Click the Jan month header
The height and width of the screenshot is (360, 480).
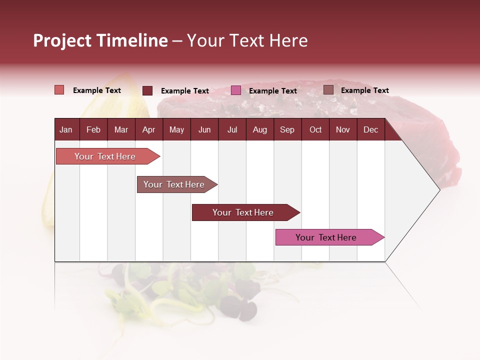click(x=66, y=129)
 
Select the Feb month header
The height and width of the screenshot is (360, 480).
click(x=93, y=129)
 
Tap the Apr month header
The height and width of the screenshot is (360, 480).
click(x=148, y=129)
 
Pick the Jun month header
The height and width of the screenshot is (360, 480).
click(x=204, y=129)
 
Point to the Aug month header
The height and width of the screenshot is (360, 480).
click(x=259, y=129)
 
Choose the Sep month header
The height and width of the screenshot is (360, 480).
click(x=287, y=129)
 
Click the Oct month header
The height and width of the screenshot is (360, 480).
click(x=315, y=129)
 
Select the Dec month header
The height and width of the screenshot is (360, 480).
click(x=370, y=129)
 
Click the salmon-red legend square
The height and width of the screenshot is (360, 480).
click(x=59, y=90)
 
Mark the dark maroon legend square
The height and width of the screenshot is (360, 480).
click(x=147, y=90)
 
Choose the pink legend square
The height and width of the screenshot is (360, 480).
click(x=236, y=90)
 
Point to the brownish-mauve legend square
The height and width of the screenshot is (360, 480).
click(x=328, y=90)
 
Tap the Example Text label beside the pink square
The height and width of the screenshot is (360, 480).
click(x=273, y=91)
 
